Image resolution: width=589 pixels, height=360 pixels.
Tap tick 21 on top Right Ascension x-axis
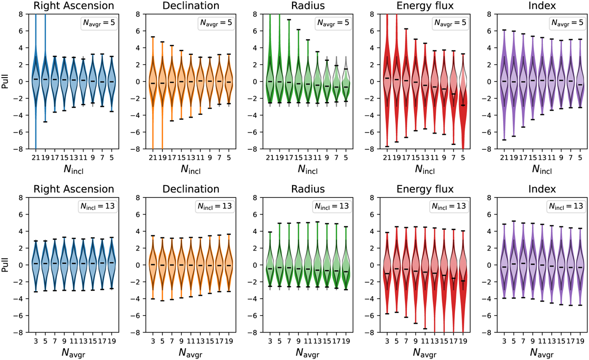35,157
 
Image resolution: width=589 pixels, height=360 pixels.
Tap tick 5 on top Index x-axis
581,157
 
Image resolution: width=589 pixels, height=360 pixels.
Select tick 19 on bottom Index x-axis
581,340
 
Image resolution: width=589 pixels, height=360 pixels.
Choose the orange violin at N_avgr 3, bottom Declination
153,265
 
